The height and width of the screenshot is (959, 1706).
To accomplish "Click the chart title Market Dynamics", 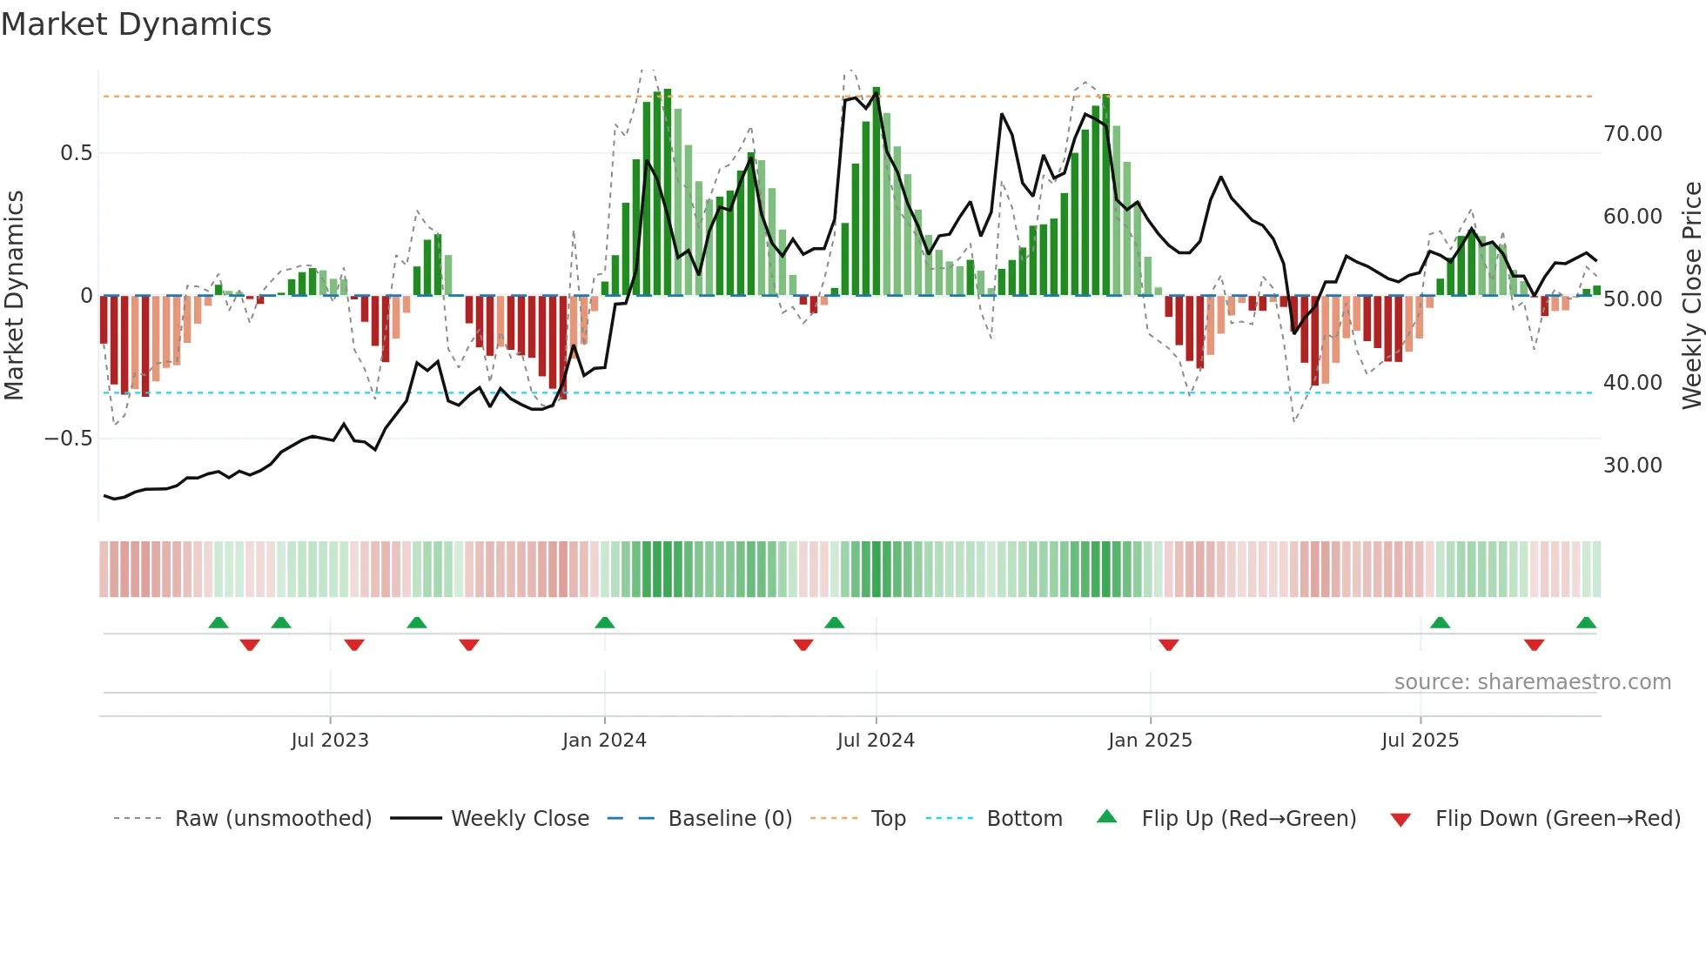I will click(x=137, y=24).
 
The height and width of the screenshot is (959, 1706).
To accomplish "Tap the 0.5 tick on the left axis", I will click(x=76, y=153).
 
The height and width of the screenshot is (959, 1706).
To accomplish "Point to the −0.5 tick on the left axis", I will click(x=68, y=438).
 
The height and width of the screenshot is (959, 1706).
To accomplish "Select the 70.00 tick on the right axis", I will click(x=1632, y=134).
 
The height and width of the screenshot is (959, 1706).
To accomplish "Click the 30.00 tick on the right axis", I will click(x=1632, y=466).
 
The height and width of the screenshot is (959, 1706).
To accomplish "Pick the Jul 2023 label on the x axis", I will click(x=330, y=741).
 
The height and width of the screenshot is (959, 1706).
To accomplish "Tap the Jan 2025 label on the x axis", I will click(x=1150, y=741).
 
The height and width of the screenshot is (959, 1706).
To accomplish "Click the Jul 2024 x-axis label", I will click(x=876, y=741).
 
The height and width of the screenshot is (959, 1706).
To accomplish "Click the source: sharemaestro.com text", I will click(x=1532, y=682).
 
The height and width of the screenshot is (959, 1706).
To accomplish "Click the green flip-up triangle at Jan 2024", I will click(x=605, y=622).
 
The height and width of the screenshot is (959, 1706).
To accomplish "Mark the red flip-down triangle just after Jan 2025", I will click(x=1169, y=645).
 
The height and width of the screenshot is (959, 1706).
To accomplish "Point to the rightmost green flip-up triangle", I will click(x=1586, y=622).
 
